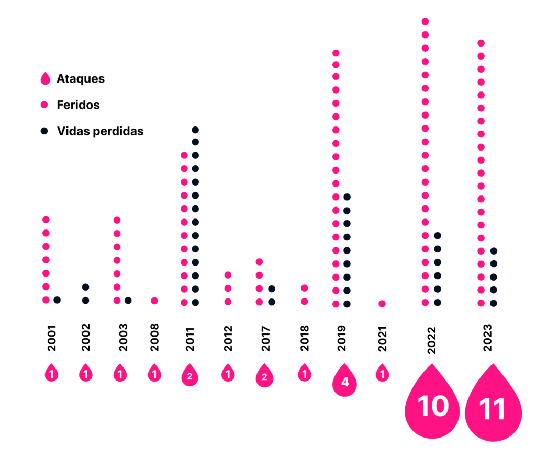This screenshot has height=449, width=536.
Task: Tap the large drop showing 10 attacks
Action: point(432,402)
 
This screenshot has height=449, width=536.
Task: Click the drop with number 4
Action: point(344,381)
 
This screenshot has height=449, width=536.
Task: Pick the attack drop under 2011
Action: point(190,376)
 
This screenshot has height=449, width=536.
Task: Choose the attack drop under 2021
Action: point(382,373)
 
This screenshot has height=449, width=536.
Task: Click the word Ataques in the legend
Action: point(81,79)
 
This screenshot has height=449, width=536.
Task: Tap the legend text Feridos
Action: point(78,105)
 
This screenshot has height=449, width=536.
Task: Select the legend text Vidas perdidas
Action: point(100,131)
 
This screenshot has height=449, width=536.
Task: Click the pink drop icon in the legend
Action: point(46,79)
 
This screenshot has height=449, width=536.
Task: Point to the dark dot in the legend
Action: point(46,131)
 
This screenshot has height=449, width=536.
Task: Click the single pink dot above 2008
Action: point(154,301)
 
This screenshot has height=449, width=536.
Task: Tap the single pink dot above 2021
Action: point(382,304)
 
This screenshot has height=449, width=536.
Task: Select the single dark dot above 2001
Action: point(57,300)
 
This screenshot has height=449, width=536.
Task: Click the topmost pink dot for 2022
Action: point(425,21)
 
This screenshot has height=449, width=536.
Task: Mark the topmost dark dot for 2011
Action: point(195,130)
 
